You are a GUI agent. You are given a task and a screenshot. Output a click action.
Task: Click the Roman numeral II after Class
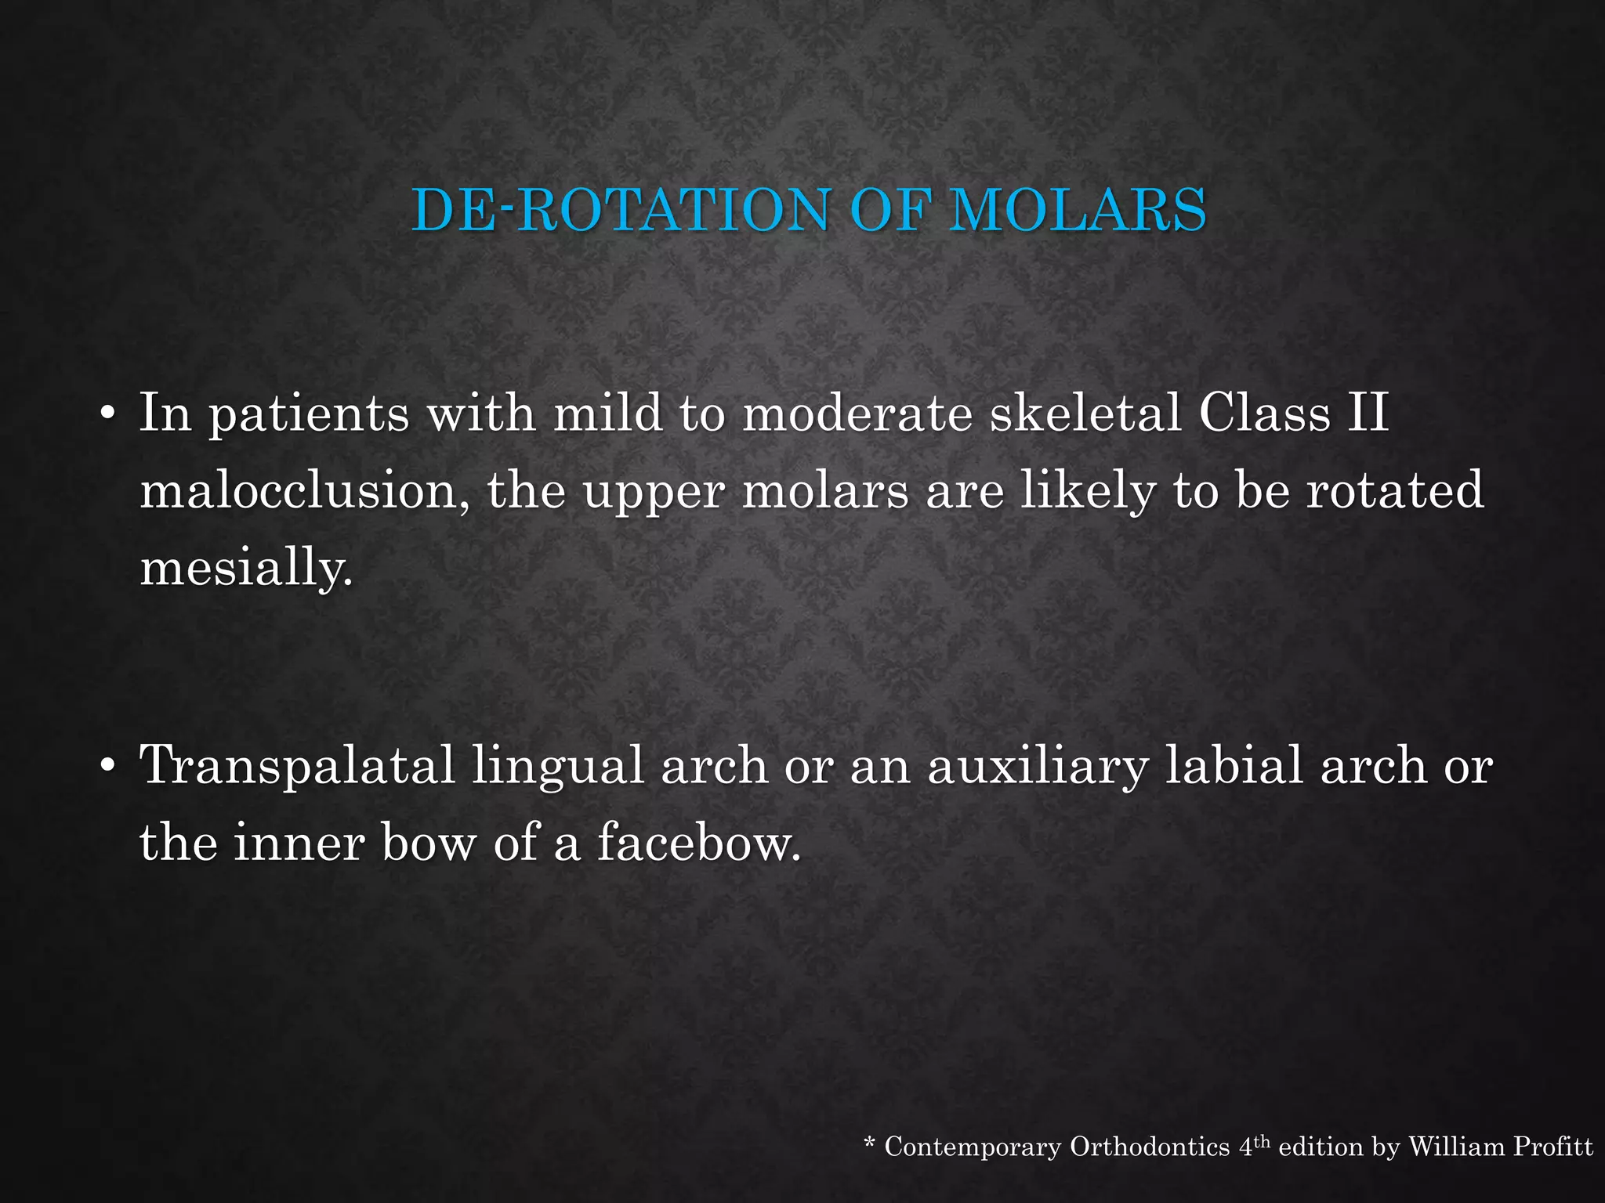click(1368, 413)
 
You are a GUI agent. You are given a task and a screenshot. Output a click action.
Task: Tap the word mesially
click(246, 567)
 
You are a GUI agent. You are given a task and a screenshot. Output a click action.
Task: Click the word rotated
click(1395, 491)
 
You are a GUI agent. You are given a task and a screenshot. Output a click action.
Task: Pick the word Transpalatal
click(297, 766)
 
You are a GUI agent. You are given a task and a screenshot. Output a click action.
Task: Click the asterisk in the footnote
click(869, 1144)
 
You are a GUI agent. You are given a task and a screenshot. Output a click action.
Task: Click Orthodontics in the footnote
click(1150, 1147)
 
